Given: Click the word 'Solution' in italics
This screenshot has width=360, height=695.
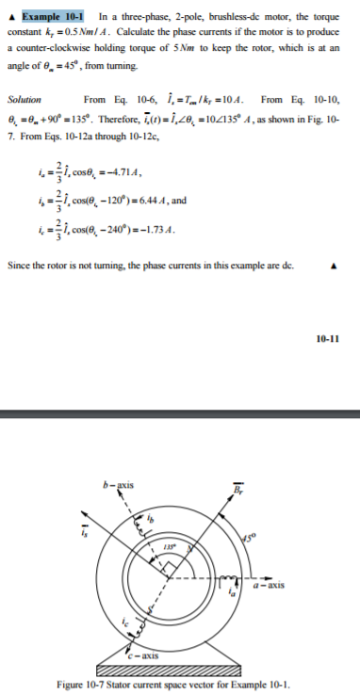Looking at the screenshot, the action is pos(26,99).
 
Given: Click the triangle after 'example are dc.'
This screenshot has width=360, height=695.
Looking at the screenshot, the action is pos(334,265).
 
